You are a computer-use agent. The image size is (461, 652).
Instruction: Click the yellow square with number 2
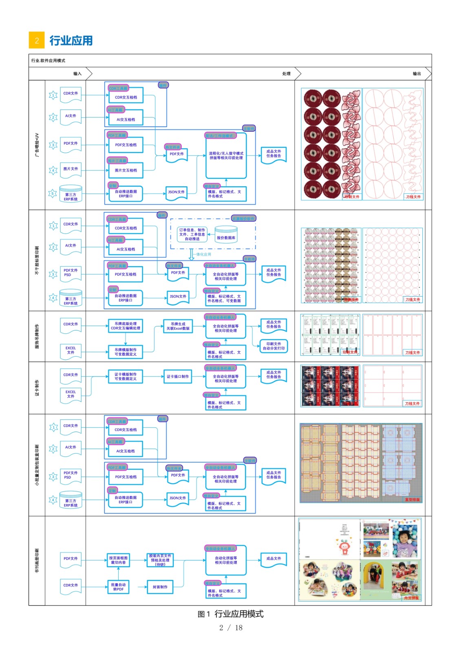coord(37,40)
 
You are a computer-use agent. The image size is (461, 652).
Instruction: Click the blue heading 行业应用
coord(71,41)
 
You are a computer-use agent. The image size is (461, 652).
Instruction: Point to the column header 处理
coord(286,74)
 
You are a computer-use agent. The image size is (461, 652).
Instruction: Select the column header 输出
coord(417,74)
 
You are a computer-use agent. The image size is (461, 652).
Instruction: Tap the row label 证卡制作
coord(37,388)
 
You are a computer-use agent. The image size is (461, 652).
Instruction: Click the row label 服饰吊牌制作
coord(37,336)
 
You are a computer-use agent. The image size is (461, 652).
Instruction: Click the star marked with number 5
coord(53,194)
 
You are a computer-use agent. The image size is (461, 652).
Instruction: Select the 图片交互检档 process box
coord(126,171)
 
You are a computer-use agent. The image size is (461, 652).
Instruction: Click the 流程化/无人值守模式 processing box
coord(226,156)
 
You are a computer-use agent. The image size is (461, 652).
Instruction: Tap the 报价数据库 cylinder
coord(226,235)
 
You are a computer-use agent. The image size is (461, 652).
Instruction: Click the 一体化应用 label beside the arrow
coord(203,254)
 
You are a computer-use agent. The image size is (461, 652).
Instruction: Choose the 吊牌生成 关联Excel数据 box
coord(178,326)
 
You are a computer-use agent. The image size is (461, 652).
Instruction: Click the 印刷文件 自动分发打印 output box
coord(274,346)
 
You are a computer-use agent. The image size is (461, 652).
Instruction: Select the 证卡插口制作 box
coord(178,377)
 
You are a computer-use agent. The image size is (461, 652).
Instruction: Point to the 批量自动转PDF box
coord(118,587)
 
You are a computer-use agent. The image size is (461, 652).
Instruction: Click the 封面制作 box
coord(160,587)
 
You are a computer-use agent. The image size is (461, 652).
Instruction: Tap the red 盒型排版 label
coord(412,500)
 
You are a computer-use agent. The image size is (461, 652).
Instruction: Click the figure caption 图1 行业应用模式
coord(230,614)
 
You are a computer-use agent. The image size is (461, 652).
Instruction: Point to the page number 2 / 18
coord(231,628)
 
